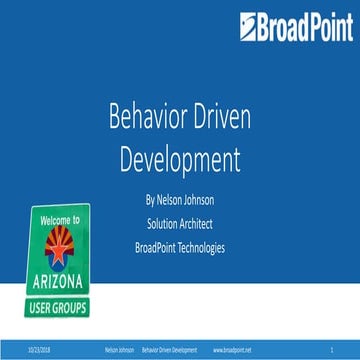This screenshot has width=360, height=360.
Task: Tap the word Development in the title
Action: tap(180, 159)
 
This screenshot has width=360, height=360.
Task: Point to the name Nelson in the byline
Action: tap(169, 197)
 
